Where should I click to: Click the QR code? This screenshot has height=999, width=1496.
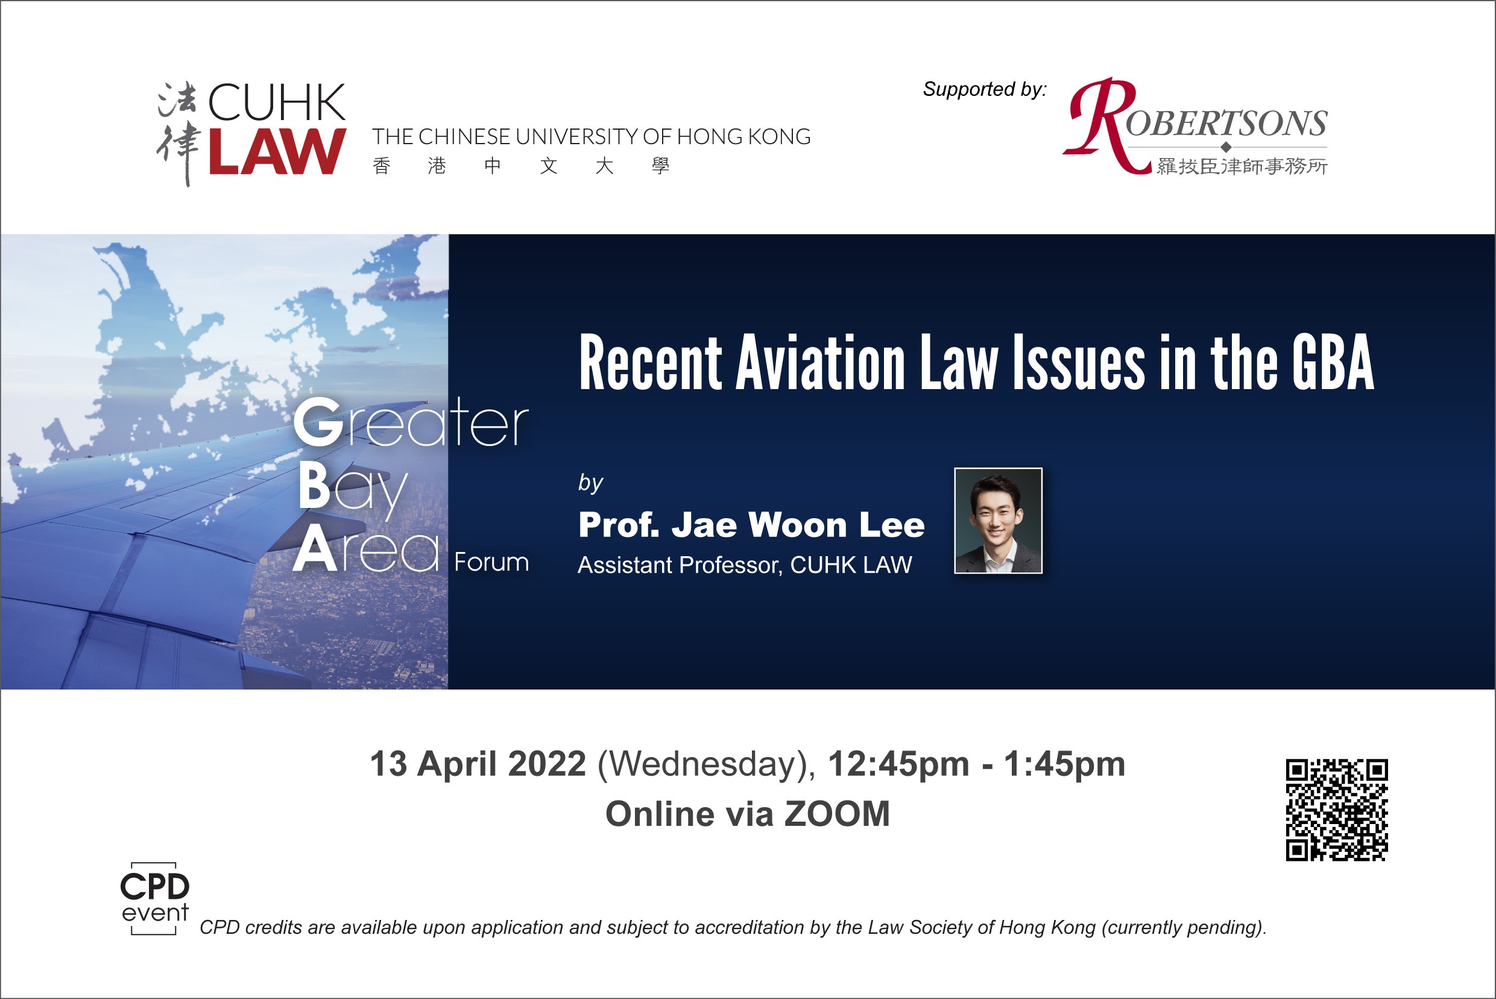pos(1336,810)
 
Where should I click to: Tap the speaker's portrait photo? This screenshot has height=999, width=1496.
pos(998,521)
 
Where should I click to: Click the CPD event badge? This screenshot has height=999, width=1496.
pos(155,898)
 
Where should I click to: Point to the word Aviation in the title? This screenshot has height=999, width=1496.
pos(820,363)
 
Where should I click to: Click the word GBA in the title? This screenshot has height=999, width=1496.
pos(1333,363)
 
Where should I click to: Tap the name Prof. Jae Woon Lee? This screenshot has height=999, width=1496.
pos(751,525)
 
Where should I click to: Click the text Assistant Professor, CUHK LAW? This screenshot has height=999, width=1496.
pos(745,565)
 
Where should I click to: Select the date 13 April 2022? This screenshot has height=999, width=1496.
pos(478,764)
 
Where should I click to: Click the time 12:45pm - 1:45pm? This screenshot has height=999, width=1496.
pos(976,764)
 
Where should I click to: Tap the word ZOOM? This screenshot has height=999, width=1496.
pos(837,814)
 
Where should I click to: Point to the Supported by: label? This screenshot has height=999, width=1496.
pos(985,90)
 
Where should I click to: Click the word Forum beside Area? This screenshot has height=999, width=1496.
pos(491,563)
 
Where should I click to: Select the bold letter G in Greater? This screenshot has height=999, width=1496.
pos(318,422)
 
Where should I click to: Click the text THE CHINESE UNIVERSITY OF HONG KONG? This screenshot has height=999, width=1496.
pos(591,137)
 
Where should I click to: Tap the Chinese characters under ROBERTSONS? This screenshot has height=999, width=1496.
pos(1242,166)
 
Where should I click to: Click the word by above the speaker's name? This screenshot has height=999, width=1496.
pos(590,484)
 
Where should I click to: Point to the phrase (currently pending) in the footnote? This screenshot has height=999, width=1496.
pos(1183,928)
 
